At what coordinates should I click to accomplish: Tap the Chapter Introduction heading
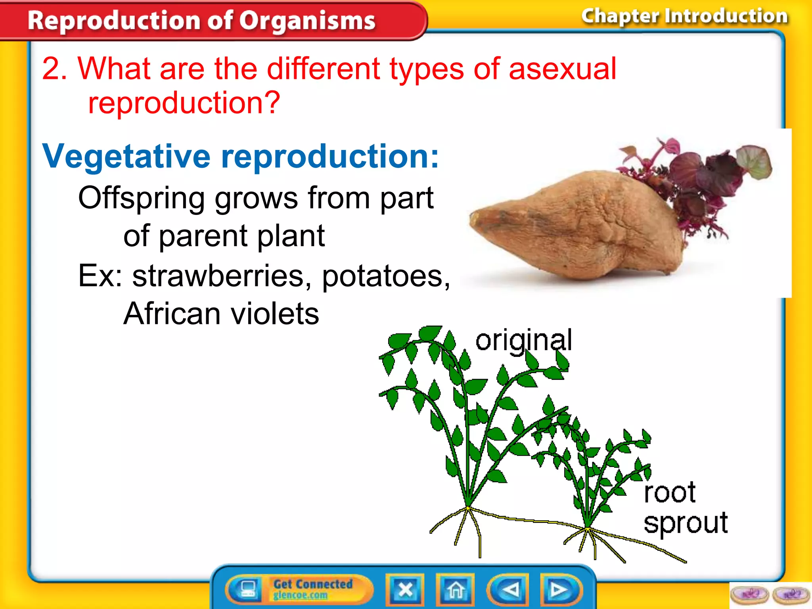coord(684,16)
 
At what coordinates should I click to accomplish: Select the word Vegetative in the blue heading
coord(126,156)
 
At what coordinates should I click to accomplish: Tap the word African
coord(171,314)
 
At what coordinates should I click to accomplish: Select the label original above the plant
coord(523,340)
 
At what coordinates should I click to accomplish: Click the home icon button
coord(455,590)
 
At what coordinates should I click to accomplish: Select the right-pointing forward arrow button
coord(560,590)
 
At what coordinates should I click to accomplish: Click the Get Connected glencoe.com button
coord(312,589)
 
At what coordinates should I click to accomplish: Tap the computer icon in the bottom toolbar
coord(248,589)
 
